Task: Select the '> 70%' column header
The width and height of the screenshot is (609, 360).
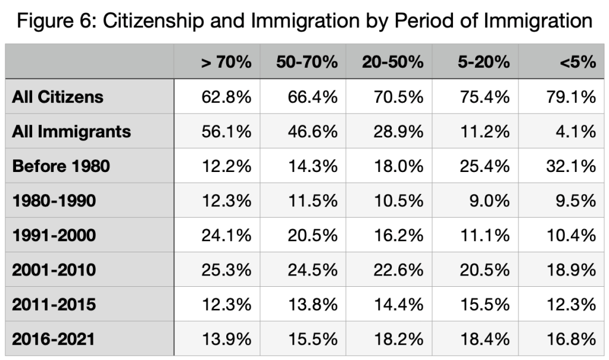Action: (226, 62)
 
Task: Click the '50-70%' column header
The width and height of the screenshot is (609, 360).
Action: (307, 62)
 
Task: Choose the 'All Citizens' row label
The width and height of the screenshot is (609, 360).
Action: (58, 96)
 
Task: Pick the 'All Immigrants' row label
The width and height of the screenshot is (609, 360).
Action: (71, 131)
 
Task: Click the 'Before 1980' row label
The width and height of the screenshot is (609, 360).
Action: (61, 165)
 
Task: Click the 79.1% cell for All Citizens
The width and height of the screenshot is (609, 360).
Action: (571, 96)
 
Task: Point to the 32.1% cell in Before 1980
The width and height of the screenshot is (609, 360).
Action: (571, 165)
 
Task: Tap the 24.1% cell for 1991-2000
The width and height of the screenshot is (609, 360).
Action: (227, 235)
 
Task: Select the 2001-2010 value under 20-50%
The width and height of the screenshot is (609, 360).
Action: (398, 270)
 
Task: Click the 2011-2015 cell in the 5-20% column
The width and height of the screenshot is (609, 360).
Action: (485, 305)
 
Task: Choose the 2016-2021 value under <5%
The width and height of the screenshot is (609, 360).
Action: (571, 339)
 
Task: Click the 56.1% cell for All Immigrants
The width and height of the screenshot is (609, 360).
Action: (227, 131)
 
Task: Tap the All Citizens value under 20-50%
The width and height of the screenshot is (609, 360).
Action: (398, 96)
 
